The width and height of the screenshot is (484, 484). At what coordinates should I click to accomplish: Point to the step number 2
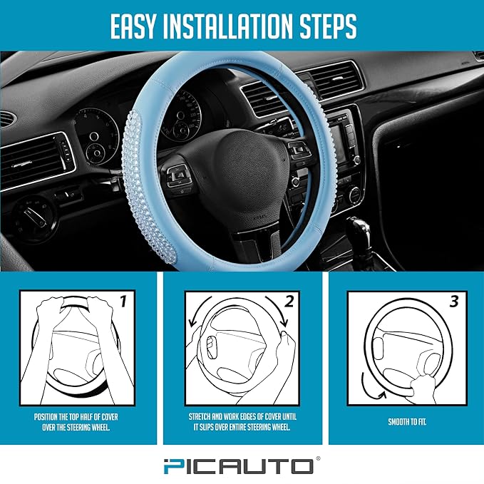(289, 302)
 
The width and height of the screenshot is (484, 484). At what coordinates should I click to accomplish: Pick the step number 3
(454, 302)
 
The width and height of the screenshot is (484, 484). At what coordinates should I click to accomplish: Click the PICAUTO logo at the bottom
(242, 466)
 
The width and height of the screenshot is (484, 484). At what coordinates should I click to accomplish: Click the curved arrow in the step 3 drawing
(371, 388)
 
